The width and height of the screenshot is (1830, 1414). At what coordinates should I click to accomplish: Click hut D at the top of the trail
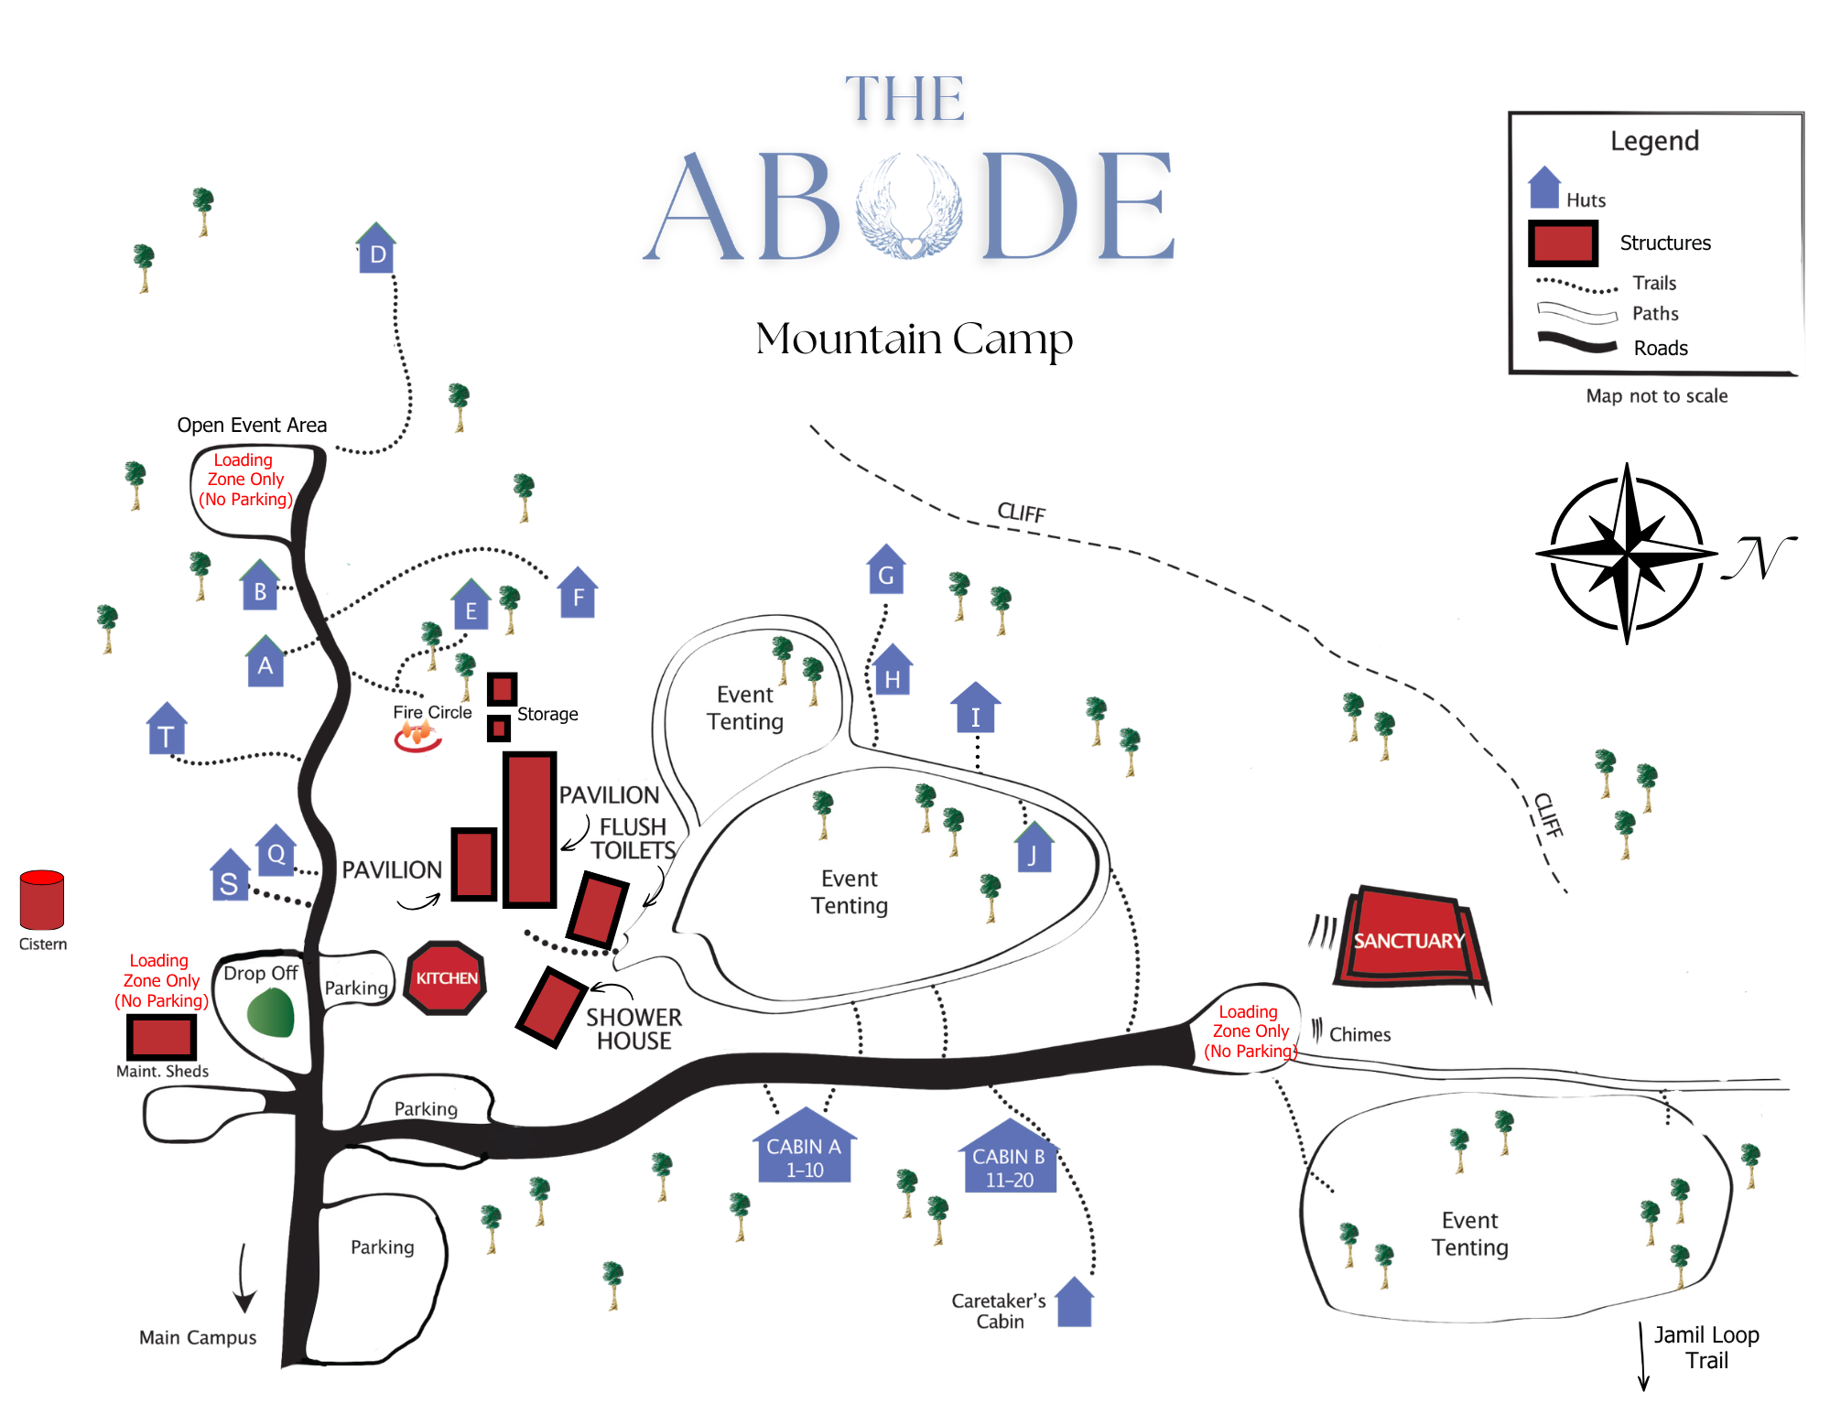pos(375,248)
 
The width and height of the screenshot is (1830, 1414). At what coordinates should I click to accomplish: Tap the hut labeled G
pos(886,568)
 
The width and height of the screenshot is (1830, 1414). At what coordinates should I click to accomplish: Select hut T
pos(167,729)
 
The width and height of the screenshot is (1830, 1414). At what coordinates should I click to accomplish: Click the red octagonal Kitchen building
pos(446,977)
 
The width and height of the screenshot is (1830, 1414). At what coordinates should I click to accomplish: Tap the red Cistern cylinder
pos(42,900)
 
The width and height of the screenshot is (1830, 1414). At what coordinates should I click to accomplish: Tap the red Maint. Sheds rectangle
pos(161,1037)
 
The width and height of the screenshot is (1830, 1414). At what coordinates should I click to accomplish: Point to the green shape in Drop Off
pos(271,1012)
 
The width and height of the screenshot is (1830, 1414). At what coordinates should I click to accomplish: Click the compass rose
pos(1627,554)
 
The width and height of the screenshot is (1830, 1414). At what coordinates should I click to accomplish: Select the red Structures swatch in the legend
pos(1563,243)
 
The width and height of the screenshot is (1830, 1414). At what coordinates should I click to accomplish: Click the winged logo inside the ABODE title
pos(910,206)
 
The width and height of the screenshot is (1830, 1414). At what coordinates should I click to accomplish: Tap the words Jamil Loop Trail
pos(1707,1347)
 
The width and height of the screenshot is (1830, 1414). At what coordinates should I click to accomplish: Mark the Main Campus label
pos(198,1337)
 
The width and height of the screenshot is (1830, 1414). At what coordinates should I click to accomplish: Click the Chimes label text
pos(1359,1034)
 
